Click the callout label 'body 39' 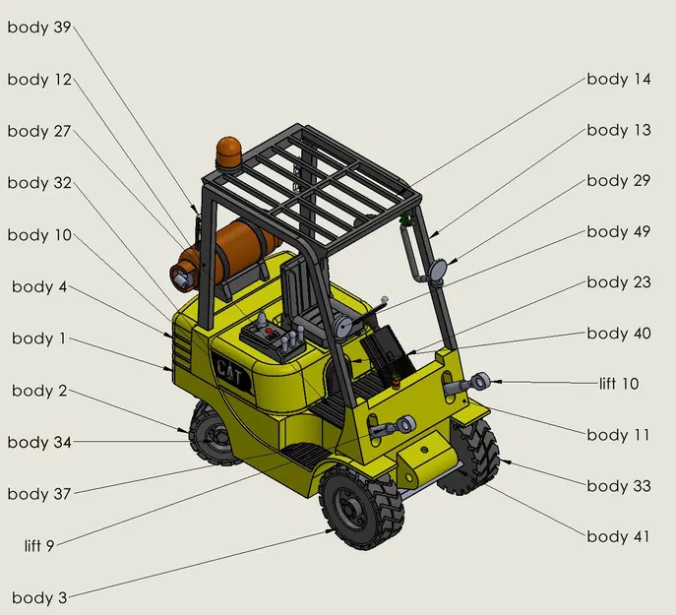click(x=39, y=28)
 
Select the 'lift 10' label click(x=619, y=384)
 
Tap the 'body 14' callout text click(x=619, y=79)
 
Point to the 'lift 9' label click(x=39, y=545)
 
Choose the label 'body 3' click(x=39, y=597)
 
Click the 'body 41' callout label click(x=618, y=536)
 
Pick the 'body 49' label click(x=619, y=231)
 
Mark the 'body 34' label click(x=39, y=442)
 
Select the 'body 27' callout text click(x=39, y=131)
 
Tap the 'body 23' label click(x=619, y=282)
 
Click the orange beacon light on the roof click(x=229, y=154)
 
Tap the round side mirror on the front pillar click(x=438, y=269)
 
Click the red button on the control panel click(x=270, y=332)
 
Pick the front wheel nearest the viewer click(x=362, y=507)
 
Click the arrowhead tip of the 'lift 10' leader click(x=491, y=381)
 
